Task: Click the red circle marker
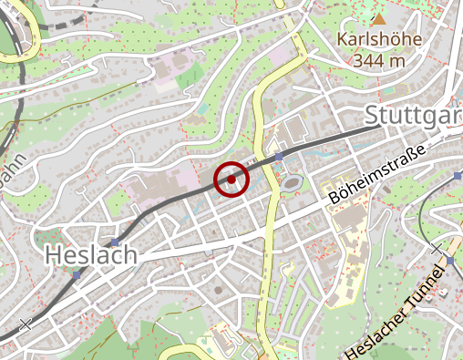pos(231,179)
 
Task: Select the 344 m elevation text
pos(371,61)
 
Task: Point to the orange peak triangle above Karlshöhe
pos(379,18)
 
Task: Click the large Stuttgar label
pos(413,116)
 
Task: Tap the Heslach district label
pos(89,255)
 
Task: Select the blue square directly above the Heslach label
pos(113,241)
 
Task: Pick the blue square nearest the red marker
pos(278,157)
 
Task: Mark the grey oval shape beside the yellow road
pos(292,184)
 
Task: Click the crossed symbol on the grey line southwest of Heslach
pos(25,324)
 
